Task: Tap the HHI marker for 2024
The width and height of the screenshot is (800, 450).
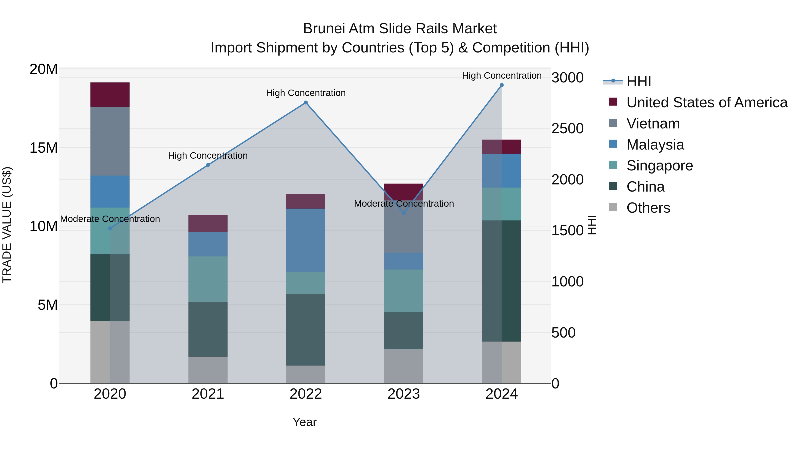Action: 502,85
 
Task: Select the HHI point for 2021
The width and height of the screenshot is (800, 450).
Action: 208,165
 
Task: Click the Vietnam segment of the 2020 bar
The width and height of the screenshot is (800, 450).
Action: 110,141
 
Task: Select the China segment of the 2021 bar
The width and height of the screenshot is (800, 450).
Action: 208,329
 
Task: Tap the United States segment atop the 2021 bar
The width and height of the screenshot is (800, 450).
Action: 208,223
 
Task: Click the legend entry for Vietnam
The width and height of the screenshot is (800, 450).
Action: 653,124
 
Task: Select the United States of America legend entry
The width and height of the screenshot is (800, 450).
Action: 706,102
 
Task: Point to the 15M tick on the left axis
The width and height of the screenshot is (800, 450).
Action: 44,148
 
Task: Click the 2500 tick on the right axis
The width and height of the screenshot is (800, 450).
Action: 567,129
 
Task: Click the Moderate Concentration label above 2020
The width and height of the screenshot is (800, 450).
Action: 110,219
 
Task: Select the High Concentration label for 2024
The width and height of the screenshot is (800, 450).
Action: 502,76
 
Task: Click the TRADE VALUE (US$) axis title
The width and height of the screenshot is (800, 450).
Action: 7,225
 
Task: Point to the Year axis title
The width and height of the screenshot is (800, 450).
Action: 304,422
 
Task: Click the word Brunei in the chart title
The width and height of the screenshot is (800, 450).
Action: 324,29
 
